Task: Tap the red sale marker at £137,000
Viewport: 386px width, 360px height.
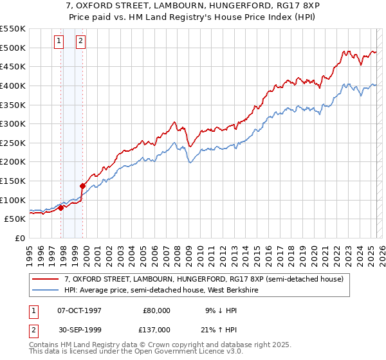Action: point(83,186)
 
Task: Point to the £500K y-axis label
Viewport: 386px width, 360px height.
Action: point(12,48)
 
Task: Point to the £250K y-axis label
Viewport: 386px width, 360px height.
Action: point(12,143)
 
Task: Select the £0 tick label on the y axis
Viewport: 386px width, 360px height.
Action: point(19,238)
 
